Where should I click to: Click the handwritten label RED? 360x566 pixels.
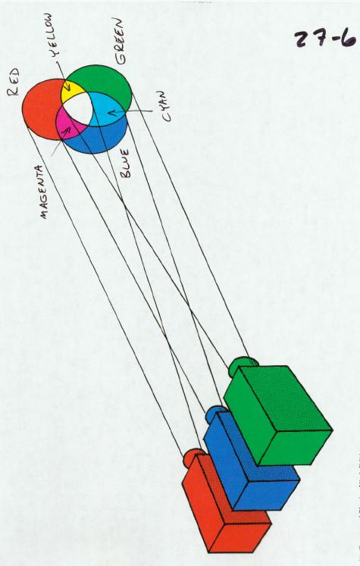(x=14, y=82)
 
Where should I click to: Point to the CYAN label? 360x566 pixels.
(x=164, y=106)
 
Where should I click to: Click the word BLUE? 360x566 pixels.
(x=125, y=164)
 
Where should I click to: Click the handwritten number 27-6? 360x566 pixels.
(x=325, y=39)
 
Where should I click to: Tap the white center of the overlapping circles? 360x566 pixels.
(x=78, y=107)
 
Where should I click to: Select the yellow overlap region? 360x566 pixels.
(x=71, y=91)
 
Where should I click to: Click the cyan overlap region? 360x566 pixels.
(x=107, y=109)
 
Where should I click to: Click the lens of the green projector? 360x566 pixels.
(x=242, y=364)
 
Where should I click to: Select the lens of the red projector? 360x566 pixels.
(x=193, y=457)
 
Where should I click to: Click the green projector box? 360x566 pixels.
(x=278, y=415)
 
